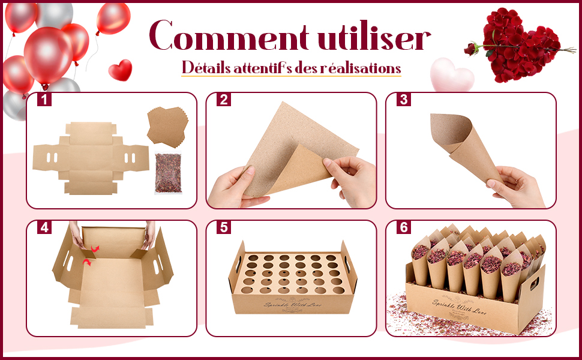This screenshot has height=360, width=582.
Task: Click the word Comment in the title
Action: pyautogui.click(x=230, y=38)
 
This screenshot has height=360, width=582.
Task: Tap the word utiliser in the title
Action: pyautogui.click(x=373, y=38)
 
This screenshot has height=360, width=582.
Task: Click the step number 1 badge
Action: pyautogui.click(x=44, y=100)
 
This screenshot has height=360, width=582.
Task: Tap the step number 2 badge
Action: pyautogui.click(x=224, y=100)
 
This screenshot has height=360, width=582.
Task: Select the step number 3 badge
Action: pyautogui.click(x=404, y=100)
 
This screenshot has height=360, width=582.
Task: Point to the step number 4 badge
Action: pyautogui.click(x=44, y=228)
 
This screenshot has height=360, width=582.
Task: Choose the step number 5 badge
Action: pyautogui.click(x=224, y=228)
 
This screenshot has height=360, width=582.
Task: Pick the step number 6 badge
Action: pyautogui.click(x=404, y=228)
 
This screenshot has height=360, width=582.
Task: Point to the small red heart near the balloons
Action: pyautogui.click(x=120, y=70)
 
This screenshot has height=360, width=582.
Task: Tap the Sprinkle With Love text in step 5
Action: pyautogui.click(x=292, y=305)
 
